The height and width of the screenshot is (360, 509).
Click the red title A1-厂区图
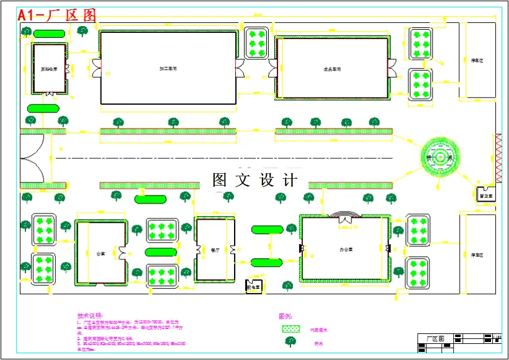click(x=57, y=15)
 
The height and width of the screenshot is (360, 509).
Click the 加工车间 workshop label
click(x=168, y=68)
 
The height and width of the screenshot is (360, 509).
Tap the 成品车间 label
click(x=333, y=69)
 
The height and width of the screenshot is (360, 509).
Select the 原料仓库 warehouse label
click(x=49, y=69)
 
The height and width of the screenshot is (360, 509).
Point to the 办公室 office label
click(x=346, y=249)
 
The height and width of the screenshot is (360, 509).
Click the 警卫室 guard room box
click(x=486, y=194)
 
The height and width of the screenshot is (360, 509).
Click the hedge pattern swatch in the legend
click(x=291, y=329)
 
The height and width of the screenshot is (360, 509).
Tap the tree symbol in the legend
click(x=290, y=342)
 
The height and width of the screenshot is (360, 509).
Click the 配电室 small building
click(x=254, y=287)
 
